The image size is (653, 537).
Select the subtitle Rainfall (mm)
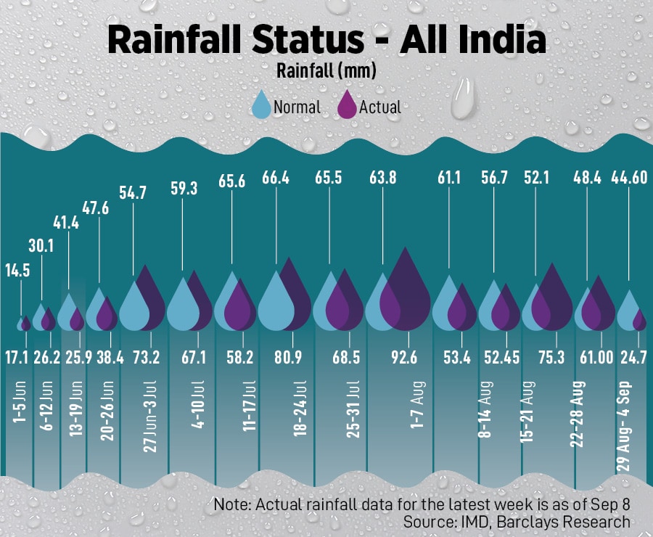coord(326,71)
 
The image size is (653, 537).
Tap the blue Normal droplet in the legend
coord(260,106)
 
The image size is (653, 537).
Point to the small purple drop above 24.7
coord(639,319)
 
